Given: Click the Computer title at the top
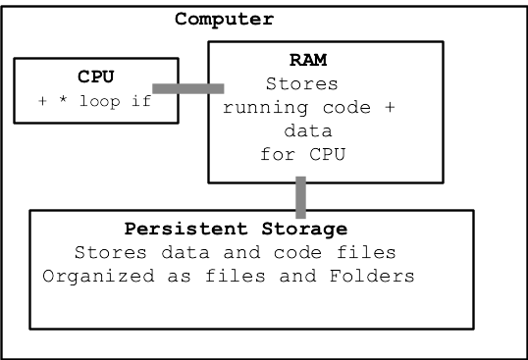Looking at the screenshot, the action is pyautogui.click(x=224, y=19).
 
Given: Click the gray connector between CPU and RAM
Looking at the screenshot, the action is pyautogui.click(x=188, y=89).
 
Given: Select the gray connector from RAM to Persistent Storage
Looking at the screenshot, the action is pyautogui.click(x=301, y=196).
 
